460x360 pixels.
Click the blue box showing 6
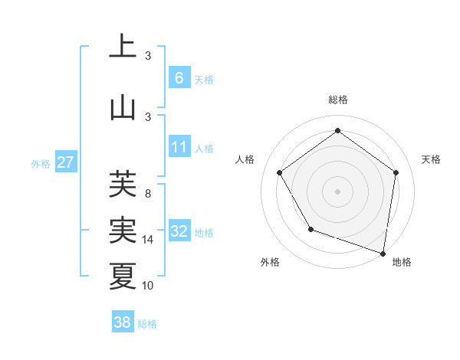[179, 77]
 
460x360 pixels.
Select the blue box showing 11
[179, 147]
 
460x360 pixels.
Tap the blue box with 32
[179, 231]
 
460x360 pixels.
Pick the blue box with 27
[66, 162]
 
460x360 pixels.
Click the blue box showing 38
[123, 322]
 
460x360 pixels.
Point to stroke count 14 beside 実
[148, 240]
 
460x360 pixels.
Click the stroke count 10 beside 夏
[148, 286]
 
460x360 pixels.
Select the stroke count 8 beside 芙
[148, 194]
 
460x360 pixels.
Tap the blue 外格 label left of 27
[41, 163]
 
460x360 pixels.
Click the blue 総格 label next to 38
[147, 324]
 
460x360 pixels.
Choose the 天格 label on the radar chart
[431, 159]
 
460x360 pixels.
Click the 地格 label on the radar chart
[401, 262]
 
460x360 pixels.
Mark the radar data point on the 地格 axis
[383, 253]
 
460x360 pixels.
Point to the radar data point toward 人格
[279, 172]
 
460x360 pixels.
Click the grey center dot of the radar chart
[337, 191]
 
